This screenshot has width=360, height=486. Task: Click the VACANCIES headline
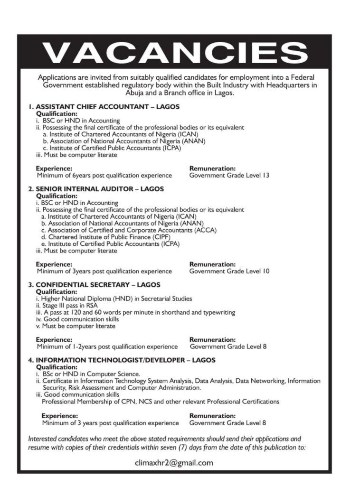click(175, 52)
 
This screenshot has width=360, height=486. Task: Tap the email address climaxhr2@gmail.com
click(174, 463)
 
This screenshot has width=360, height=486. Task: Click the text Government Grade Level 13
click(229, 176)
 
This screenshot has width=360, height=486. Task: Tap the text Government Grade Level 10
click(229, 271)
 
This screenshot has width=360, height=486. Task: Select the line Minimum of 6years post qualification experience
click(104, 176)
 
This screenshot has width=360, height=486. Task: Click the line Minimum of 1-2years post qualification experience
click(107, 346)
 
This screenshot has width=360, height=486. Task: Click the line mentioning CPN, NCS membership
click(161, 402)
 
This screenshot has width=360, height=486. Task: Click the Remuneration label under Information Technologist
click(213, 415)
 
